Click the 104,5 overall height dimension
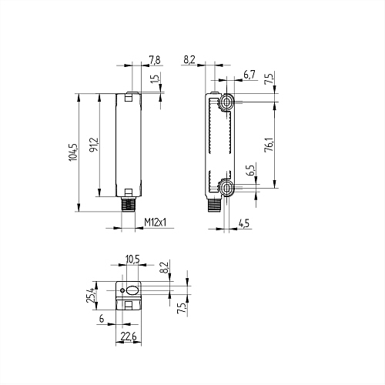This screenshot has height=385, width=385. point(73,153)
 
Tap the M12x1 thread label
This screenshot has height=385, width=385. point(156,223)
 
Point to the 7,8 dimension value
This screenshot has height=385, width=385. point(154,60)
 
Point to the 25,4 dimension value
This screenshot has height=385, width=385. point(91,293)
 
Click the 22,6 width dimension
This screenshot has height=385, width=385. point(129,336)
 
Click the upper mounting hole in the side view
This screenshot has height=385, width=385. point(226,102)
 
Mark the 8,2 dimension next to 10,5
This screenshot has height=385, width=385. point(163,269)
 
